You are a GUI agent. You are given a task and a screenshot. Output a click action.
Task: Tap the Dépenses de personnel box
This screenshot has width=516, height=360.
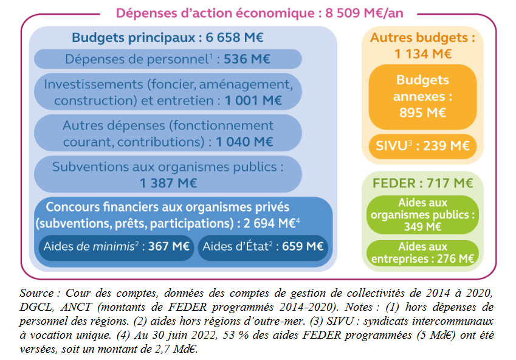pos(168,59)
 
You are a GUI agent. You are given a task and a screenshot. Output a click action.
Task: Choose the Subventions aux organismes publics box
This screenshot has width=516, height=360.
pos(168,174)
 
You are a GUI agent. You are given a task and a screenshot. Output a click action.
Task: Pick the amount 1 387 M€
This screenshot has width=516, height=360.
pos(168,182)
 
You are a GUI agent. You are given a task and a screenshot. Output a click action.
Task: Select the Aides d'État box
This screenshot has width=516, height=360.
pos(263,247)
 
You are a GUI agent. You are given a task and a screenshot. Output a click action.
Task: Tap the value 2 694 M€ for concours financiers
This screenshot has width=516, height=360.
pos(269,223)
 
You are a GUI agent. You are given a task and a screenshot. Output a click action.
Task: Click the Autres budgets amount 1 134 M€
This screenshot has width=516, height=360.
pos(423,54)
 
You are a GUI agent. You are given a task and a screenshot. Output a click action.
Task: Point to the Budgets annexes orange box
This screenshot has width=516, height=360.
pos(422,96)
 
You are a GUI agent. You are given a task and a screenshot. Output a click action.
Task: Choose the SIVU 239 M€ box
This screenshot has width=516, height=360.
pos(422,145)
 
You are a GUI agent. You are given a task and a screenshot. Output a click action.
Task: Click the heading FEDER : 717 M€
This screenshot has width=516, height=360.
pos(422,183)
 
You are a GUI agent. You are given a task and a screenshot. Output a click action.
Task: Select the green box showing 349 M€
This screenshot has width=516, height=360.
pos(422,214)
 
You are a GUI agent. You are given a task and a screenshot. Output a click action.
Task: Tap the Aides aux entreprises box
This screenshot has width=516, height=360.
pos(422,253)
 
